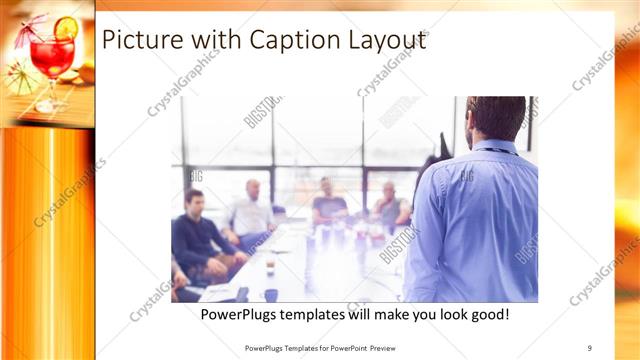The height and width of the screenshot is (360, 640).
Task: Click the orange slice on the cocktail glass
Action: pyautogui.click(x=67, y=28)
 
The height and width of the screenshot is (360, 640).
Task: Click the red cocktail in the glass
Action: pyautogui.click(x=51, y=57)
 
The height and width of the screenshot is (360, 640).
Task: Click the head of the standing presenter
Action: pyautogui.click(x=496, y=118)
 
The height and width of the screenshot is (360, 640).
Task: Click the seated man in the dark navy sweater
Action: pyautogui.click(x=197, y=235)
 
